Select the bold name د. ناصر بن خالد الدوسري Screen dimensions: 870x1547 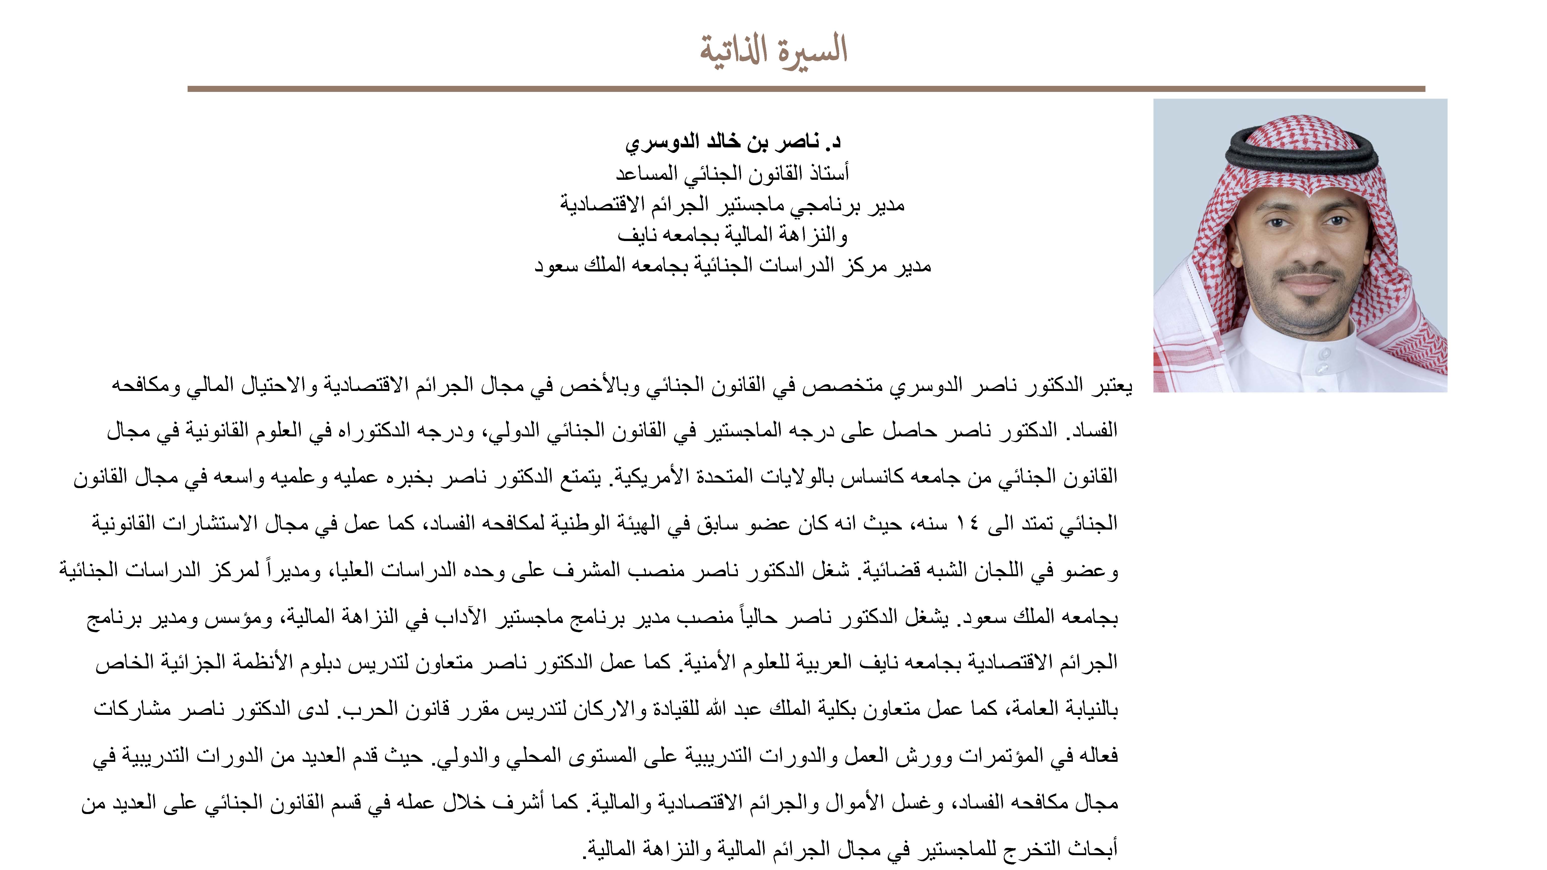click(733, 142)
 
